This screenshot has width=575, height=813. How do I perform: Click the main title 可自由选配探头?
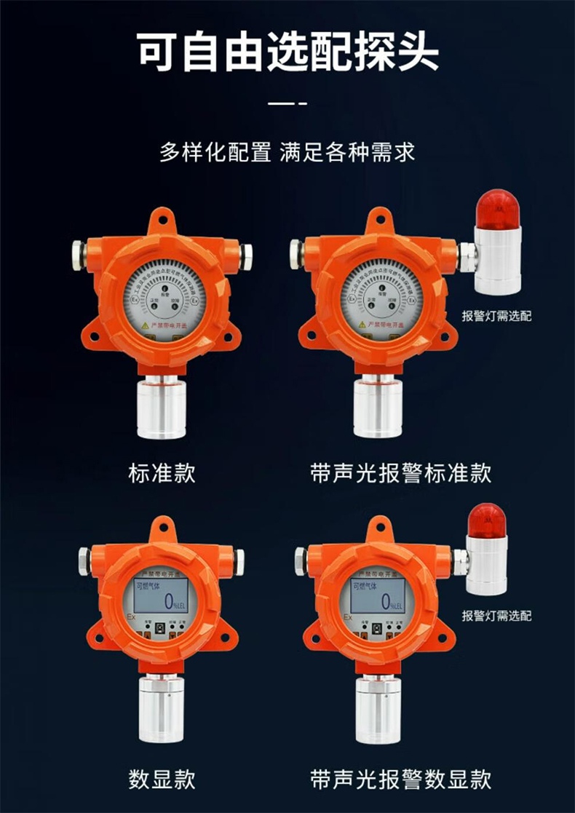[287, 52]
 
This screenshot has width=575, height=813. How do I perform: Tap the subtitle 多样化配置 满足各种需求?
[287, 153]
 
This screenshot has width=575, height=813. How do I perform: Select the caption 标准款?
[162, 474]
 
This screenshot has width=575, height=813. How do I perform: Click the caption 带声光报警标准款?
[400, 474]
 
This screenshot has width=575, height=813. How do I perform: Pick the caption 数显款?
[162, 779]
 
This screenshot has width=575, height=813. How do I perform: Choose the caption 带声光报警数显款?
[400, 779]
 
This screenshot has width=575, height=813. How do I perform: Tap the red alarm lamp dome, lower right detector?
[487, 519]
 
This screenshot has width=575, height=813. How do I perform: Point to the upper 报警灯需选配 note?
[496, 315]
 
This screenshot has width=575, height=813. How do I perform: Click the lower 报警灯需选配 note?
[496, 616]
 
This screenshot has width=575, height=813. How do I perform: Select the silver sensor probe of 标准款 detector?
[161, 411]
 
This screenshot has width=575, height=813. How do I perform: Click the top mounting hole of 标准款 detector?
[162, 218]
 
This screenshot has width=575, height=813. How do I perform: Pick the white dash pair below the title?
[287, 104]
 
